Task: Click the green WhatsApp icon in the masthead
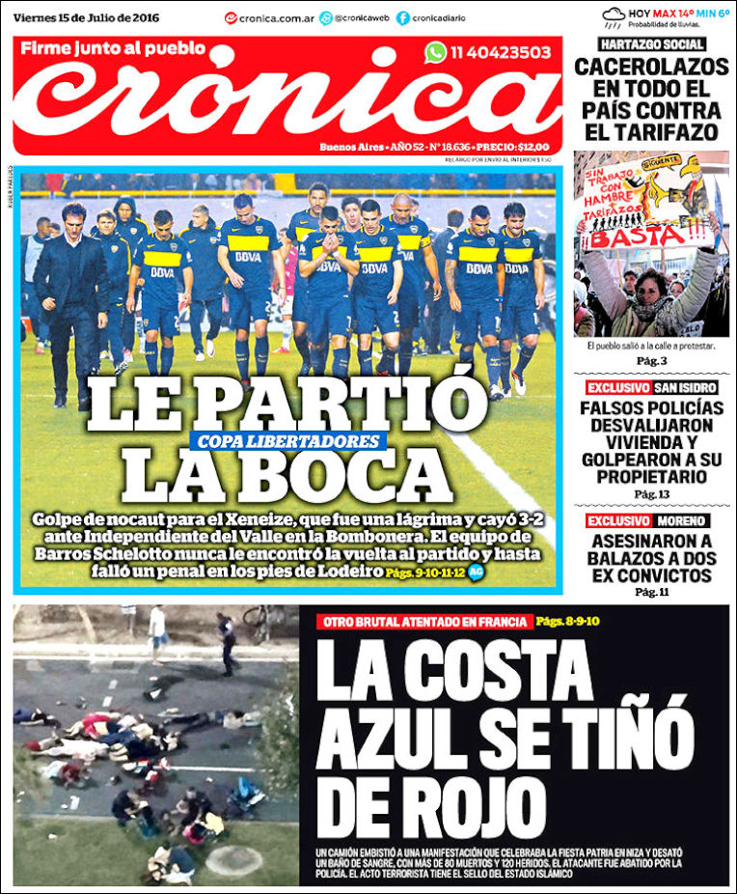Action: pyautogui.click(x=436, y=52)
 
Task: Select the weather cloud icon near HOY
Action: pyautogui.click(x=614, y=15)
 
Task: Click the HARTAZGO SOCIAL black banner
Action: pyautogui.click(x=651, y=44)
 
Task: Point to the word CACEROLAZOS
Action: pyautogui.click(x=651, y=68)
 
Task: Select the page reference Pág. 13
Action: pyautogui.click(x=651, y=494)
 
